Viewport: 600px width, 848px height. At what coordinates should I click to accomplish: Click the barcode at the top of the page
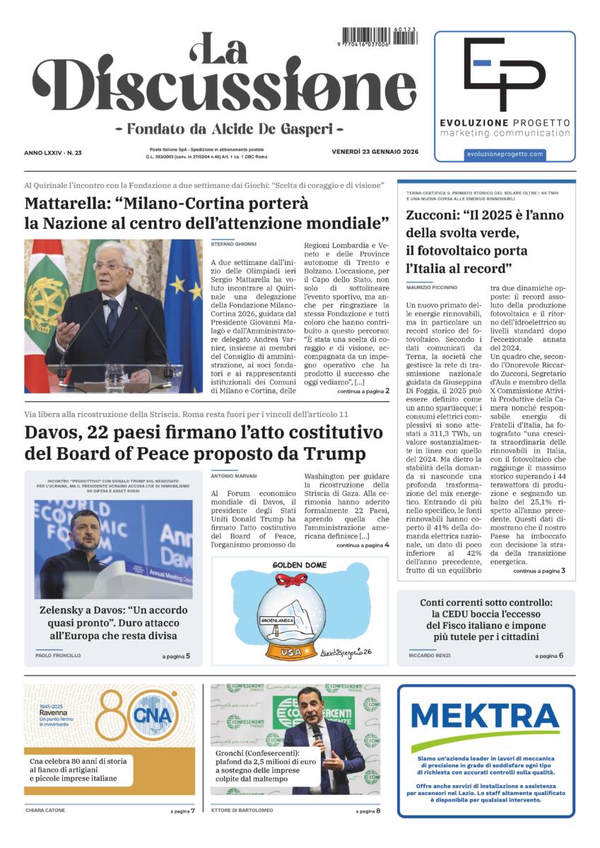(379, 36)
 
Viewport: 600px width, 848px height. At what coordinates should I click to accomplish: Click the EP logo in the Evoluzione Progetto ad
(504, 74)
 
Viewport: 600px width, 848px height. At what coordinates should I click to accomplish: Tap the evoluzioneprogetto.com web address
(505, 153)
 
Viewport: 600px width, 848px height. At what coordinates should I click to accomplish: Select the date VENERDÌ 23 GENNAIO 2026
(376, 152)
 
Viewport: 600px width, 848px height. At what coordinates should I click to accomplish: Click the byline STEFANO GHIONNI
(234, 244)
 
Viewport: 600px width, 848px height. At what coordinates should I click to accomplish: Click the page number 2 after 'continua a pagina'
(387, 390)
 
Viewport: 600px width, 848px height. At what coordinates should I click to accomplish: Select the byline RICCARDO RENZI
(431, 655)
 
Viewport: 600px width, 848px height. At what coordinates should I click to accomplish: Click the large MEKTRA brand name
(486, 717)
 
